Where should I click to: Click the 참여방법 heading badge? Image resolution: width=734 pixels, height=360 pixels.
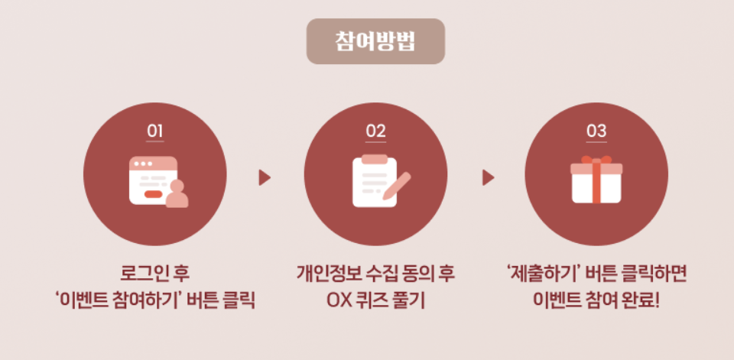(375, 41)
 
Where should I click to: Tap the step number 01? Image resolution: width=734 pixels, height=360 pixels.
(155, 131)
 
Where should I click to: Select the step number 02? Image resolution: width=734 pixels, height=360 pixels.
(375, 131)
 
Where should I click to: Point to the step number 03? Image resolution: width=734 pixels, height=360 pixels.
(596, 131)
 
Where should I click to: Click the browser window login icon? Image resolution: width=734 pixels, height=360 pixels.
(153, 180)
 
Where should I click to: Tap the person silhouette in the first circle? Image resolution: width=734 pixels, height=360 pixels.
(177, 195)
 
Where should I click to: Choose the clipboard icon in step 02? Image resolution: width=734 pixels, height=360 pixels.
(372, 180)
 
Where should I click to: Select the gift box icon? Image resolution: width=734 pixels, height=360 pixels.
(596, 181)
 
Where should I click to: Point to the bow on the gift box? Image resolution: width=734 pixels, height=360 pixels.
(596, 160)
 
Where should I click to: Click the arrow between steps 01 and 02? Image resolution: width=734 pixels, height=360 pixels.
(265, 178)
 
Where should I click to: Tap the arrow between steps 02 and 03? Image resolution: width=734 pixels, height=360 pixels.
(488, 178)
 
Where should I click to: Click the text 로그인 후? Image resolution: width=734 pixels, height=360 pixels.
(154, 273)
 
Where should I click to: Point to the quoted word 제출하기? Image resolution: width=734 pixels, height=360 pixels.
(538, 273)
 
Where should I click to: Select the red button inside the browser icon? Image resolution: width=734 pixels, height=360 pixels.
(153, 195)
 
